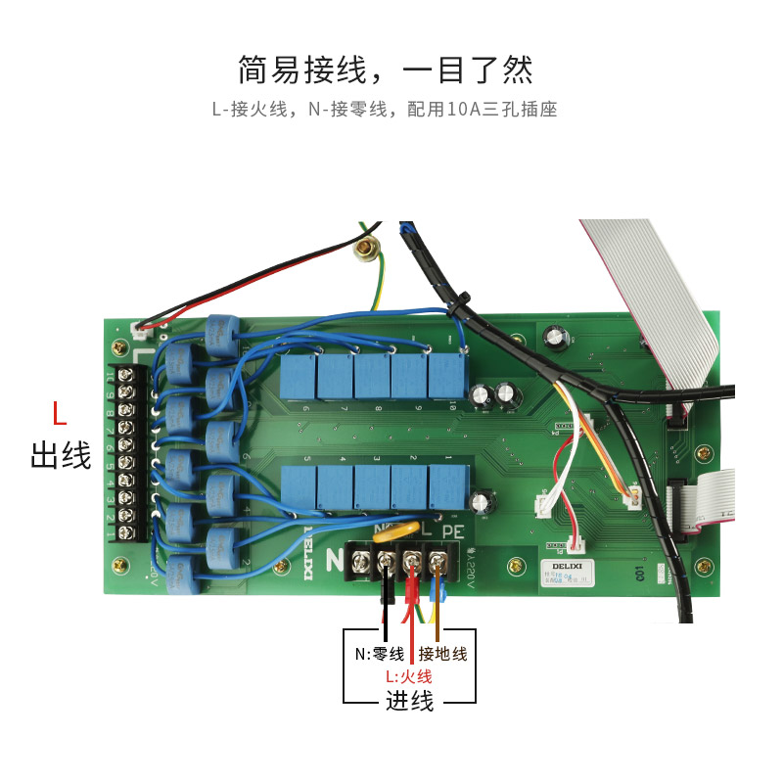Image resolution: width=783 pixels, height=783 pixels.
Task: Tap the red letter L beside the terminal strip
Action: coord(60,415)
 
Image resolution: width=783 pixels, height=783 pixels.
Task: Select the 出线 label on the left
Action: coord(61,454)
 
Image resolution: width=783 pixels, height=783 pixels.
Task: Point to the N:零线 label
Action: coord(380,654)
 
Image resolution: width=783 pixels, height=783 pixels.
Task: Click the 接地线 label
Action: coord(443,654)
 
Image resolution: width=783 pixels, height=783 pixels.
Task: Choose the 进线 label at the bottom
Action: coord(409,701)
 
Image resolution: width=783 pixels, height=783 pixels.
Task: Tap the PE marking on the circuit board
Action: coord(452,532)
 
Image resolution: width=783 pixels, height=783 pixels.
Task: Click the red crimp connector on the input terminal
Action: coord(412,590)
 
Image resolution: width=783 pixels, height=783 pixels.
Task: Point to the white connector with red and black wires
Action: coord(145,326)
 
